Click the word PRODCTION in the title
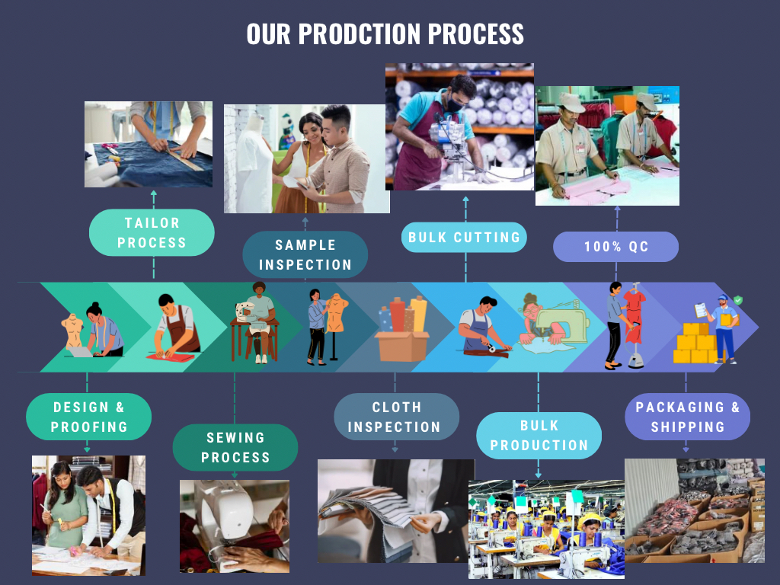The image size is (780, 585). pos(360,34)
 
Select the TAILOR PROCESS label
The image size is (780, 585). pos(152,232)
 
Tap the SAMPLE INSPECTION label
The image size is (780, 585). pos(305,254)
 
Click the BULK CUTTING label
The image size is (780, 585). pos(464,238)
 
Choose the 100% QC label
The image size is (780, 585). pos(615,246)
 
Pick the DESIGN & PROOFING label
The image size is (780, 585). pos(88,417)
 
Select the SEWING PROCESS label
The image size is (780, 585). pos(235,447)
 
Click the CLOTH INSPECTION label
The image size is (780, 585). pos(396,417)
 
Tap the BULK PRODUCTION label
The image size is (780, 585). pos(539,435)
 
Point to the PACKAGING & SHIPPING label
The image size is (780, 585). pos(688,417)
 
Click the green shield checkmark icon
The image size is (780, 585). pos(738,300)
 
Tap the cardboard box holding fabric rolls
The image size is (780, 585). pos(402,345)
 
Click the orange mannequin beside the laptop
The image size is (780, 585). pos(74,331)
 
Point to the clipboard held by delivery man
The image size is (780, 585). pos(701,310)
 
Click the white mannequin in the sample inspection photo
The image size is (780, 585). pos(253,165)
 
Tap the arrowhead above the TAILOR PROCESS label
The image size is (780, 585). pos(153,193)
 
